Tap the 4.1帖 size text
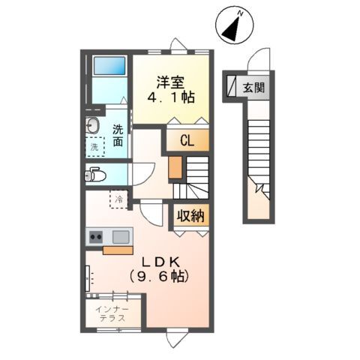(172, 97)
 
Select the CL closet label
(187, 139)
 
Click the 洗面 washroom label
(118, 135)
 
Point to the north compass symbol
(235, 29)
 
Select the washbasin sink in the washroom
(93, 125)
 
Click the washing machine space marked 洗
(94, 148)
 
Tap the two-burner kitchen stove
(96, 237)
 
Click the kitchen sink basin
(120, 237)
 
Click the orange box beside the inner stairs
(175, 168)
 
